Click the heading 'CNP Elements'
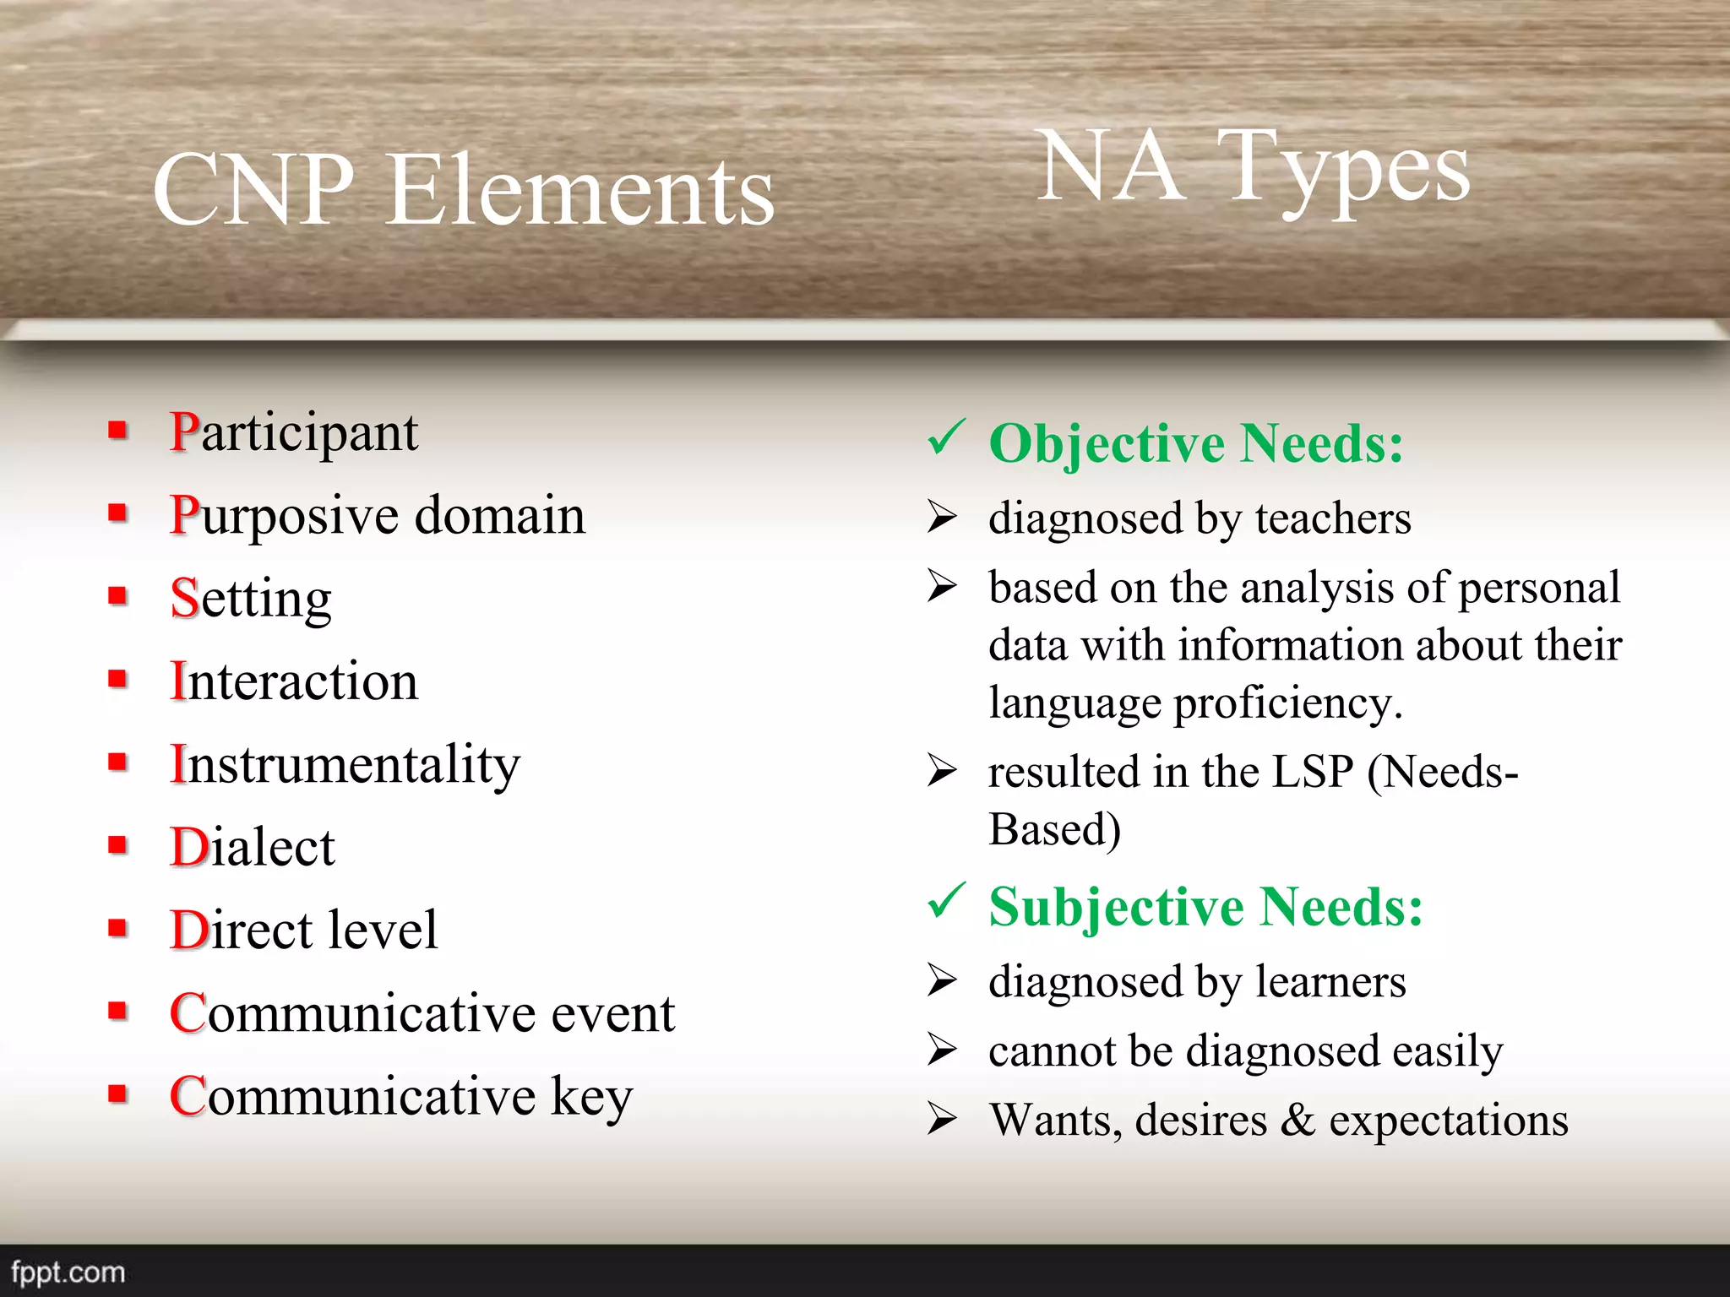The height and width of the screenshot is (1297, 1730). pyautogui.click(x=463, y=191)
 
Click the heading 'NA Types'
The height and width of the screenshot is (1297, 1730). pyautogui.click(x=1254, y=168)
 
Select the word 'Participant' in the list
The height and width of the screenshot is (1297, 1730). pyautogui.click(x=293, y=433)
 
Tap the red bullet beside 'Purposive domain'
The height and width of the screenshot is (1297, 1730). pyautogui.click(x=117, y=513)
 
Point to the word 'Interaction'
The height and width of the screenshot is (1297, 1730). pyautogui.click(x=293, y=681)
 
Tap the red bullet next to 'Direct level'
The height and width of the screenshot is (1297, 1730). pyautogui.click(x=117, y=929)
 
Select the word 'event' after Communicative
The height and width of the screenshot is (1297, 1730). pyautogui.click(x=612, y=1013)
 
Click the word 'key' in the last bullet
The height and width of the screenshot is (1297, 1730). pyautogui.click(x=591, y=1097)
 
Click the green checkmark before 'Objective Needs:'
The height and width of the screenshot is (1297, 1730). pyautogui.click(x=944, y=437)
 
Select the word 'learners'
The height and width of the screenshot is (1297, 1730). pyautogui.click(x=1330, y=982)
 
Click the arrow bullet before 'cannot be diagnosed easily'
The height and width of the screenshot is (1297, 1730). pyautogui.click(x=941, y=1050)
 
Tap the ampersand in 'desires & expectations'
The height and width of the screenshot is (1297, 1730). pyautogui.click(x=1297, y=1121)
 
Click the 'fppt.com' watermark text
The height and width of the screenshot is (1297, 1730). pyautogui.click(x=68, y=1272)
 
